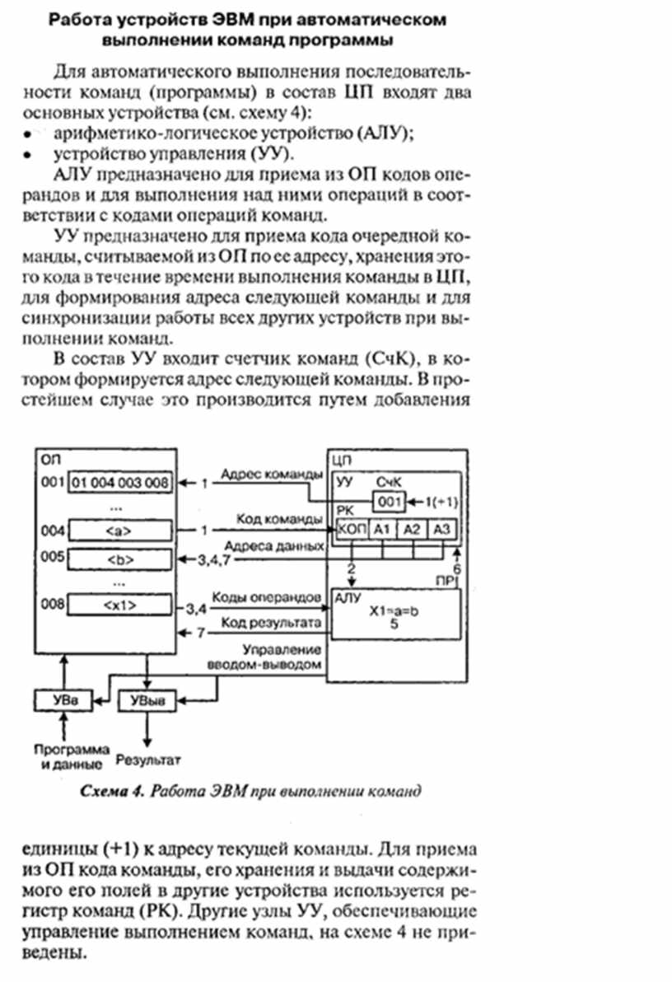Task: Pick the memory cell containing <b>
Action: (120, 558)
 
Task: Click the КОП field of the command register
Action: (352, 529)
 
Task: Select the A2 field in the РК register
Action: (410, 529)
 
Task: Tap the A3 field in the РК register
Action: (441, 529)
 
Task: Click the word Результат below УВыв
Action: (148, 759)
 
